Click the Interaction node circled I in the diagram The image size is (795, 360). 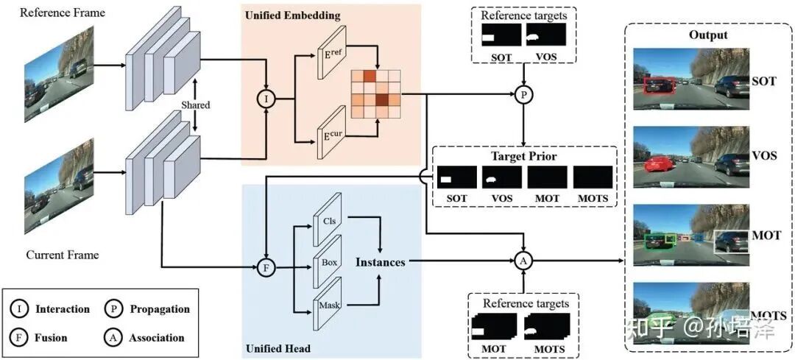[x=267, y=99]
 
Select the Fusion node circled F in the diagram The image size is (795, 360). [x=265, y=267]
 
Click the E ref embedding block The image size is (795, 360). [x=332, y=52]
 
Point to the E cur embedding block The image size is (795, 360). [x=332, y=131]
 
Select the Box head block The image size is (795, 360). [x=329, y=261]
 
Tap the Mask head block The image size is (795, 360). [x=329, y=304]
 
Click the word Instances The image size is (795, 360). [x=381, y=262]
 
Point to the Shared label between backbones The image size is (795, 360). [x=196, y=105]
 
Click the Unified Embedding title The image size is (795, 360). [x=292, y=15]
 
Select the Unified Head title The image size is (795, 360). [x=278, y=348]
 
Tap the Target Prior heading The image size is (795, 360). [x=524, y=155]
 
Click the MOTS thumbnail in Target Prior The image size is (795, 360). [x=593, y=177]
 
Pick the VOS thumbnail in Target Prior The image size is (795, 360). [x=501, y=177]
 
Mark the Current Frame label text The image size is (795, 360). [x=63, y=254]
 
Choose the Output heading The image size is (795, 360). [x=708, y=35]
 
